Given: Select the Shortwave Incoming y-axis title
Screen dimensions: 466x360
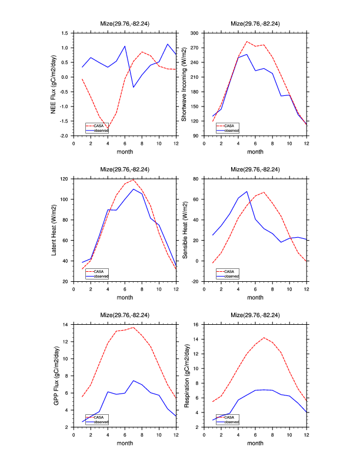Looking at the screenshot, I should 184,84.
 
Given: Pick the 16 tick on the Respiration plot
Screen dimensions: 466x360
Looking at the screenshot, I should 198,324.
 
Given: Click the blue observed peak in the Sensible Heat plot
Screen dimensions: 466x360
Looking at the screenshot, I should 247,191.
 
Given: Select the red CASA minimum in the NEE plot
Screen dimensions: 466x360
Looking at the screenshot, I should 108,128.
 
